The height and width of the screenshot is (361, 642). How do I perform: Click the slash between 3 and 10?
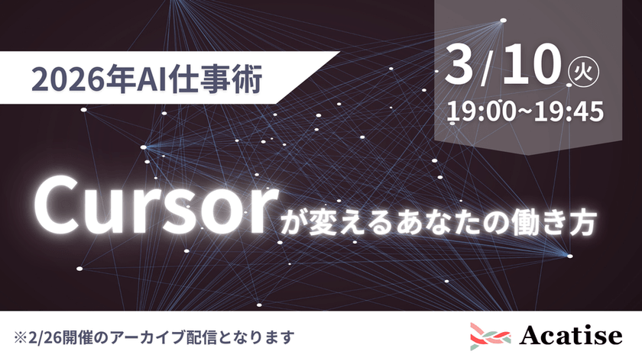coord(488,69)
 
